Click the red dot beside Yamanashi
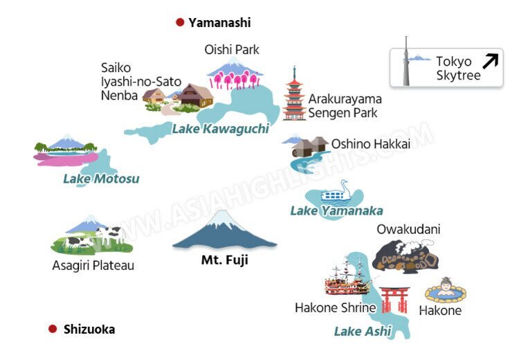pos(180,23)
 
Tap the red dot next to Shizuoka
pos(53,329)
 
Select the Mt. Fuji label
pos(224,261)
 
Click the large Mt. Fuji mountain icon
pos(224,232)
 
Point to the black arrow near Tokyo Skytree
pos(490,62)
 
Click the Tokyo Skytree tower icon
pos(406,62)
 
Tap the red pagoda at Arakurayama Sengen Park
pos(294,97)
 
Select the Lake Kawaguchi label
pos(220,129)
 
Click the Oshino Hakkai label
pos(370,144)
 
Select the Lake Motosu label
pos(101,179)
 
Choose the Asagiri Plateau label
pos(93,265)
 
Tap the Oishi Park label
pos(232,50)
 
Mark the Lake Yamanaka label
pos(336,210)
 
